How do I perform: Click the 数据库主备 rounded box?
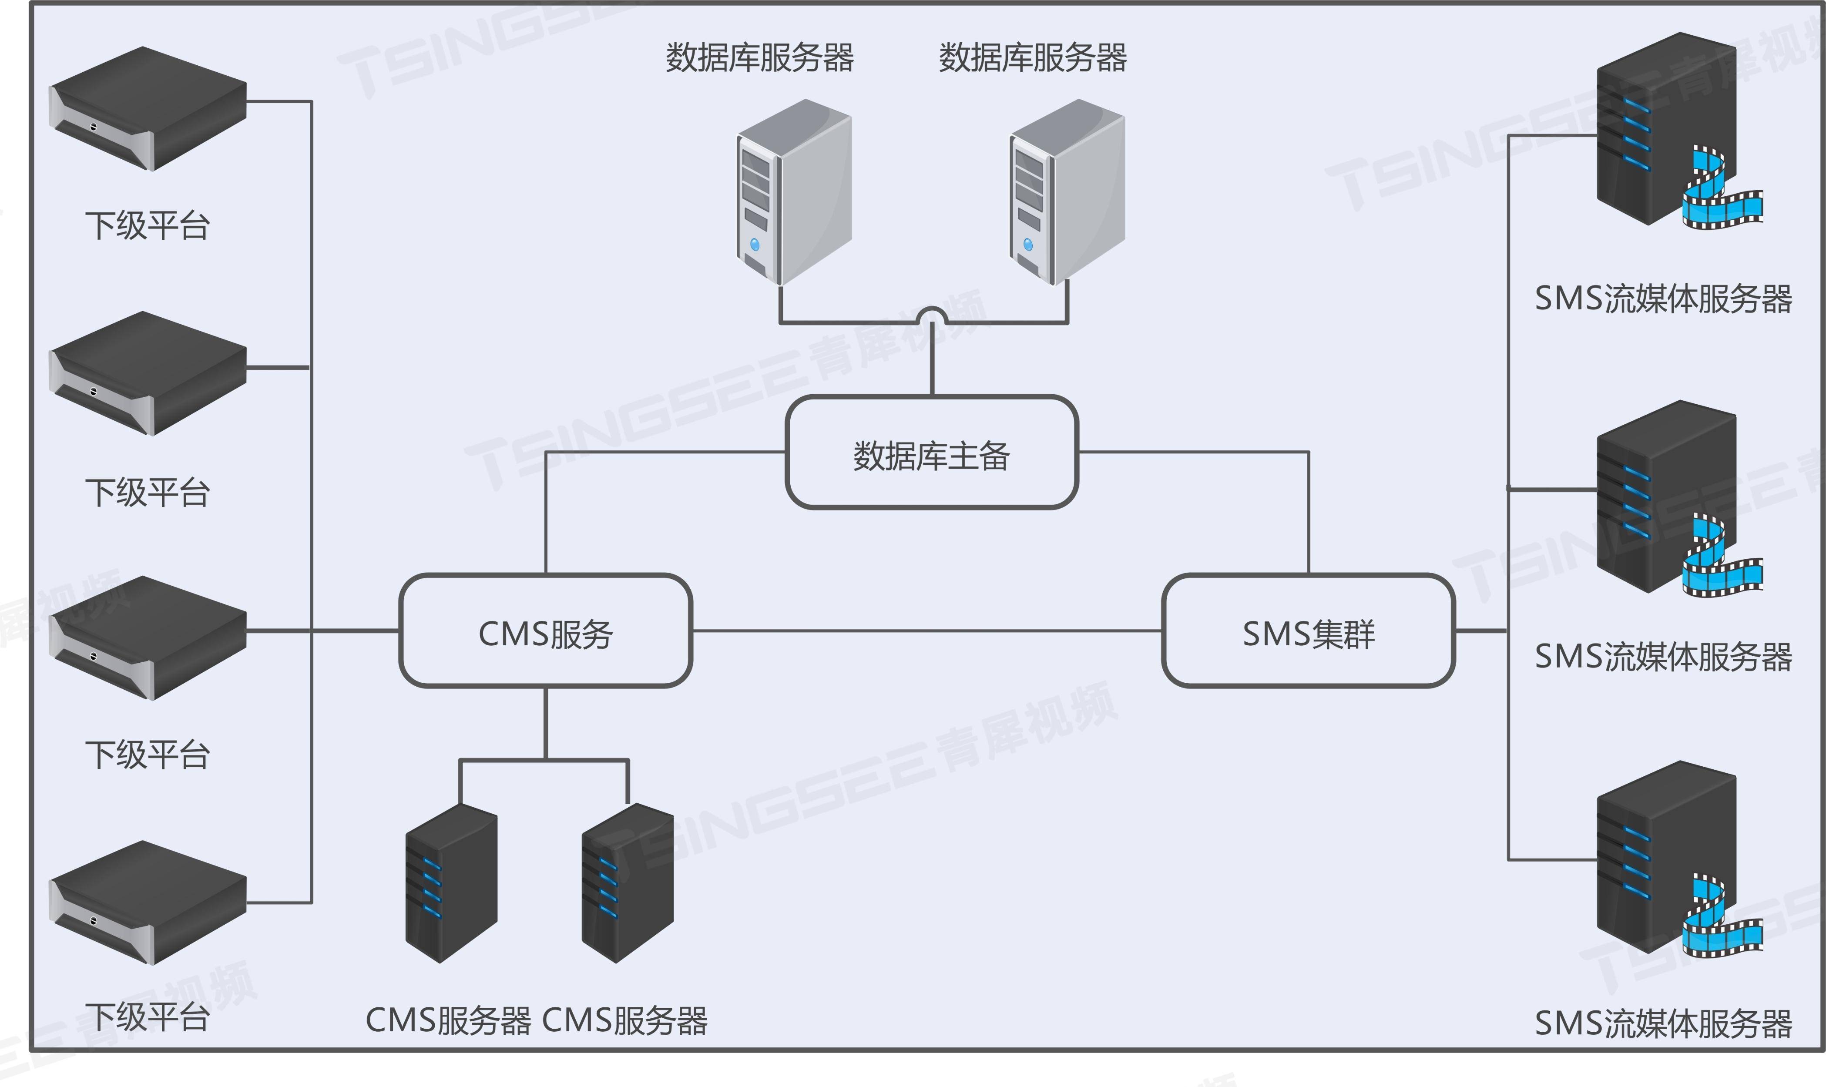point(931,452)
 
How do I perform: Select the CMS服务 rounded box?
point(546,631)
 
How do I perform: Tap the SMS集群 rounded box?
point(1308,631)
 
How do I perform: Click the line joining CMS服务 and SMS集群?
point(926,631)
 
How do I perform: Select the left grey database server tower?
point(794,192)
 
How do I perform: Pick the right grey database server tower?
point(1067,192)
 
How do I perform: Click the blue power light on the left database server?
point(755,245)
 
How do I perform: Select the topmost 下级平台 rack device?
point(147,110)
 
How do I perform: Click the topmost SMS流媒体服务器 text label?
point(1663,299)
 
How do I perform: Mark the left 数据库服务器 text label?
point(759,58)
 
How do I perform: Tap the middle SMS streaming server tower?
point(1666,498)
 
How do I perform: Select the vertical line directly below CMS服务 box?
point(546,721)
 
